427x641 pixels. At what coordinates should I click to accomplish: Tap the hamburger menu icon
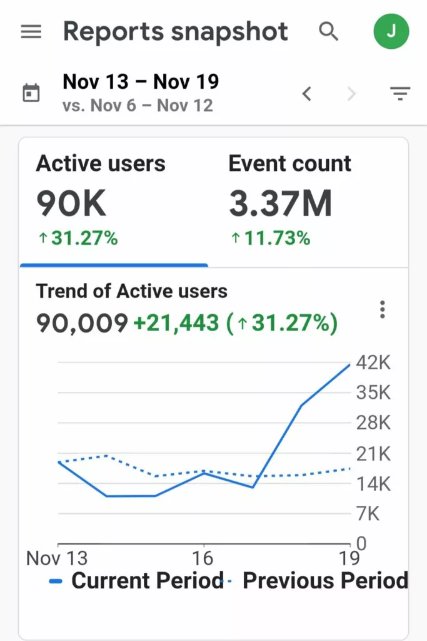click(31, 32)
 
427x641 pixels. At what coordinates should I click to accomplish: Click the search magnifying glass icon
click(328, 31)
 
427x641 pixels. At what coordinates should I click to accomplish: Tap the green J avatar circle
click(391, 31)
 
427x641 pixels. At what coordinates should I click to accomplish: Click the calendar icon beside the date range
click(31, 93)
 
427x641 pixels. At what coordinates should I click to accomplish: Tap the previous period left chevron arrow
click(306, 94)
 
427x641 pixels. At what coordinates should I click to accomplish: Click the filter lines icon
click(400, 94)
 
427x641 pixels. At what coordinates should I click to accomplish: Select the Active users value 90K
click(71, 203)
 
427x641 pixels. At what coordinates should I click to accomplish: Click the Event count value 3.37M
click(280, 203)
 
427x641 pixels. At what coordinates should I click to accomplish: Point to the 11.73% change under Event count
click(271, 238)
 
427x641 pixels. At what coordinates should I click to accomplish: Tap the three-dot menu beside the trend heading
click(382, 309)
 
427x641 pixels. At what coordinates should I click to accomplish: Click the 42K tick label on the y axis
click(373, 362)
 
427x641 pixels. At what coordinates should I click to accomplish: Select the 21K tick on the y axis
click(373, 453)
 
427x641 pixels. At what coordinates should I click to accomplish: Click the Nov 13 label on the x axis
click(57, 558)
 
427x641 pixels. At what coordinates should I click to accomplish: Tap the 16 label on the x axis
click(203, 558)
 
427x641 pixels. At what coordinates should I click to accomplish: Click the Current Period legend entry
click(138, 581)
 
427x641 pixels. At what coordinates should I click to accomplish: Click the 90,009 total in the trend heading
click(82, 323)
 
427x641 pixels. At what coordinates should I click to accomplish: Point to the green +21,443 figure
click(176, 323)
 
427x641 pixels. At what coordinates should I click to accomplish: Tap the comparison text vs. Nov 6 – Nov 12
click(138, 105)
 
